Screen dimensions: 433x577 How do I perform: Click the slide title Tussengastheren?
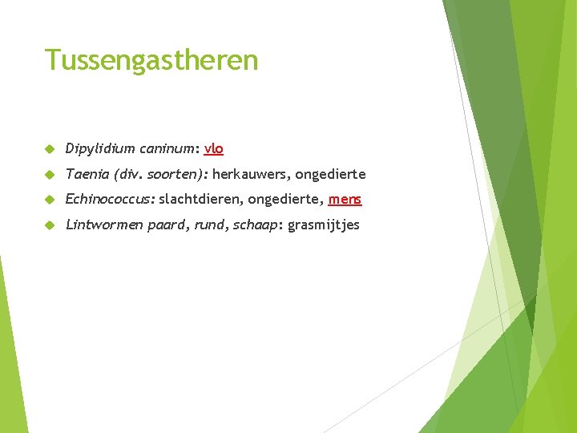pyautogui.click(x=151, y=60)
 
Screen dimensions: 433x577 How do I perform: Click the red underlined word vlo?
pyautogui.click(x=214, y=148)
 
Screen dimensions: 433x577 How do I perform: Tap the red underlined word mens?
pyautogui.click(x=345, y=200)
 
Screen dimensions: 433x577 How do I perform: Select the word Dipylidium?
pyautogui.click(x=100, y=148)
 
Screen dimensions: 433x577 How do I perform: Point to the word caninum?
pyautogui.click(x=168, y=148)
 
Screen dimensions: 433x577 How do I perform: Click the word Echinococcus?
pyautogui.click(x=110, y=200)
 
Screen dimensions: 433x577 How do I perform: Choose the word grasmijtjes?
pyautogui.click(x=324, y=225)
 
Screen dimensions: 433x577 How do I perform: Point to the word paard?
pyautogui.click(x=167, y=225)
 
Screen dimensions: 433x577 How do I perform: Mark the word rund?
pyautogui.click(x=209, y=225)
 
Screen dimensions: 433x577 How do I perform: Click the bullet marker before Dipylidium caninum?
pyautogui.click(x=49, y=149)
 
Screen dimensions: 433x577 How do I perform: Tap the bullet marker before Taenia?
pyautogui.click(x=49, y=175)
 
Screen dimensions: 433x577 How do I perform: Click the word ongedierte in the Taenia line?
pyautogui.click(x=330, y=174)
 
